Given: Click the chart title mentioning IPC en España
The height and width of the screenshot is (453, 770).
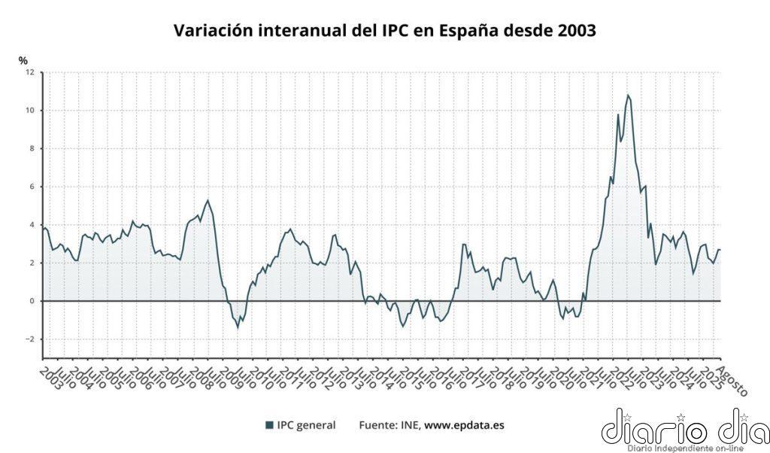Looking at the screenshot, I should click(384, 31).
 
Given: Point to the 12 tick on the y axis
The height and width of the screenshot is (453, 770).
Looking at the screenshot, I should click(29, 72).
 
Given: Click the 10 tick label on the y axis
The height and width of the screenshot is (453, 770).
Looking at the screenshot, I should click(29, 111).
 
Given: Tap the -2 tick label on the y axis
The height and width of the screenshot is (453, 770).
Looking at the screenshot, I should click(29, 339).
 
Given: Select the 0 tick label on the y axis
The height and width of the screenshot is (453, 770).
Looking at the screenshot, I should click(32, 301).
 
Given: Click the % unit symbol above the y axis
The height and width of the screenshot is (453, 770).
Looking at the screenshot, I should click(23, 60).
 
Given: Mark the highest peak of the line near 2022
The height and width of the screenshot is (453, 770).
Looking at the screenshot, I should click(627, 95).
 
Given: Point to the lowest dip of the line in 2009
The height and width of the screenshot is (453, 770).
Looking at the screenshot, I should click(238, 327).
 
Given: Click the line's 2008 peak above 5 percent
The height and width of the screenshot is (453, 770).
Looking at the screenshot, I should click(208, 200).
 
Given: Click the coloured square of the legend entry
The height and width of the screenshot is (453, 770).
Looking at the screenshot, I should click(269, 425).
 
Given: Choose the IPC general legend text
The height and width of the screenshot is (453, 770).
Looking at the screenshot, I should click(306, 425).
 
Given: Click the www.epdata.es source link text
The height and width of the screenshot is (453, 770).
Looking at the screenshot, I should click(464, 425).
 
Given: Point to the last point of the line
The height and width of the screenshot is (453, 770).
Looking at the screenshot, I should click(720, 250).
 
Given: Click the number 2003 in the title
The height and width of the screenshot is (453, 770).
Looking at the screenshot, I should click(572, 31).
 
